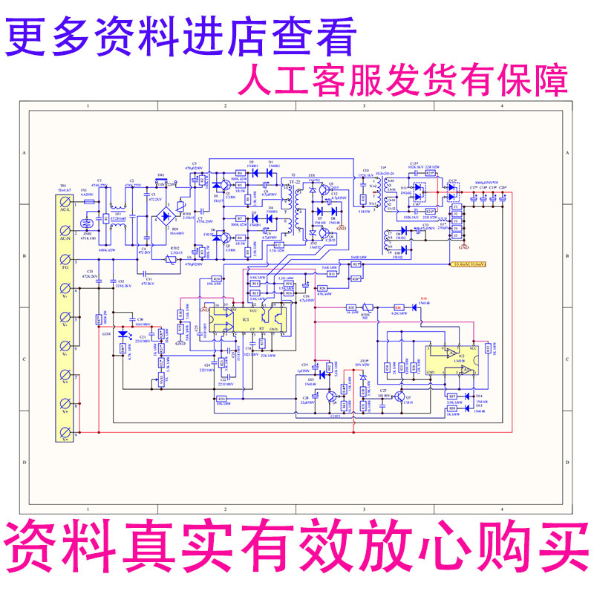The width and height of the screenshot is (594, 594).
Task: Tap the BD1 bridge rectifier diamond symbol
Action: [154, 221]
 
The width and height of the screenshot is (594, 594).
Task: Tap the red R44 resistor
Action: [398, 307]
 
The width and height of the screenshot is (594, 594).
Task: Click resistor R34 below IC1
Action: [221, 399]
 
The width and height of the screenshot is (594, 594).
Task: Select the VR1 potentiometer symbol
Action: [163, 380]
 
